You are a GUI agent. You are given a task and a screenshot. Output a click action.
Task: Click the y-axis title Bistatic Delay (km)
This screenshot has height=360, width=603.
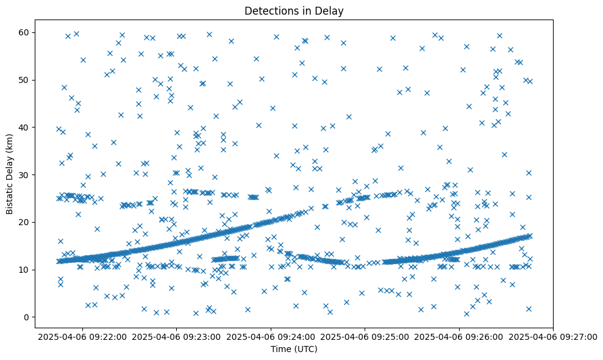(x=9, y=173)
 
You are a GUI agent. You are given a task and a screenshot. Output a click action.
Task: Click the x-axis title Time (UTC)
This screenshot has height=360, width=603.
(x=293, y=349)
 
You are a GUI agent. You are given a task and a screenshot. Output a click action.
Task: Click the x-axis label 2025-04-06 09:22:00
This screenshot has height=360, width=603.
(x=82, y=336)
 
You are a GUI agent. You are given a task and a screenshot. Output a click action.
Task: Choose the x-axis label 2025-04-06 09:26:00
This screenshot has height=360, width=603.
(x=459, y=336)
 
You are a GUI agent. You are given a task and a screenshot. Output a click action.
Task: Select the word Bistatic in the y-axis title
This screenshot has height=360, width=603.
(x=9, y=196)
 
